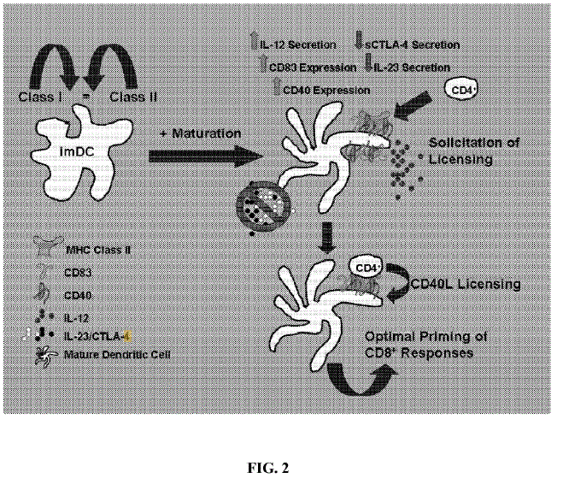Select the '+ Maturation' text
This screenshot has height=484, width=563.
point(195,135)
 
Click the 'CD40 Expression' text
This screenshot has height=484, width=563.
point(325,89)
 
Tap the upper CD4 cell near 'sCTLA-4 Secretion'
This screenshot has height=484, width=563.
point(461,90)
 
